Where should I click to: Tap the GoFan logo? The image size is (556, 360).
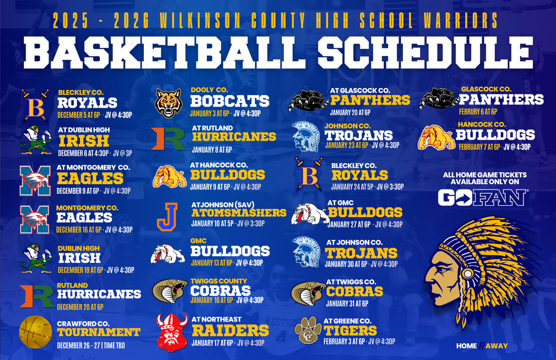[x=481, y=197]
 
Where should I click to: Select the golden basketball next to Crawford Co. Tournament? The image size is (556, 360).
[x=35, y=331]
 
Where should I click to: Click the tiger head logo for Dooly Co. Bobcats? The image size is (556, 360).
[x=168, y=103]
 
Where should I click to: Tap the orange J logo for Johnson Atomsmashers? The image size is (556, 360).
[x=167, y=216]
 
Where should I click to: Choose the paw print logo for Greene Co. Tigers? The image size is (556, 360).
[x=308, y=330]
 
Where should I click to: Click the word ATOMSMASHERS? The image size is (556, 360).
[x=239, y=212]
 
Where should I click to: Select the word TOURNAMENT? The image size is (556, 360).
[x=98, y=332]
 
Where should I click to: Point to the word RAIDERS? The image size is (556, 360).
[x=230, y=330]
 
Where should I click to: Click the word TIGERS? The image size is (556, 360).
[x=350, y=330]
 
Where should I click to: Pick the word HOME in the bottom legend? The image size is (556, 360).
[x=466, y=346]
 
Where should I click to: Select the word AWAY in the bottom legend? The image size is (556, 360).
[x=496, y=346]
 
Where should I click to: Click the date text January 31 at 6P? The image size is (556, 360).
[x=346, y=304]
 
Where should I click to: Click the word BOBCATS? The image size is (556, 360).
[x=230, y=101]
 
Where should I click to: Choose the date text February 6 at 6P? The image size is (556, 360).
[x=478, y=111]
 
